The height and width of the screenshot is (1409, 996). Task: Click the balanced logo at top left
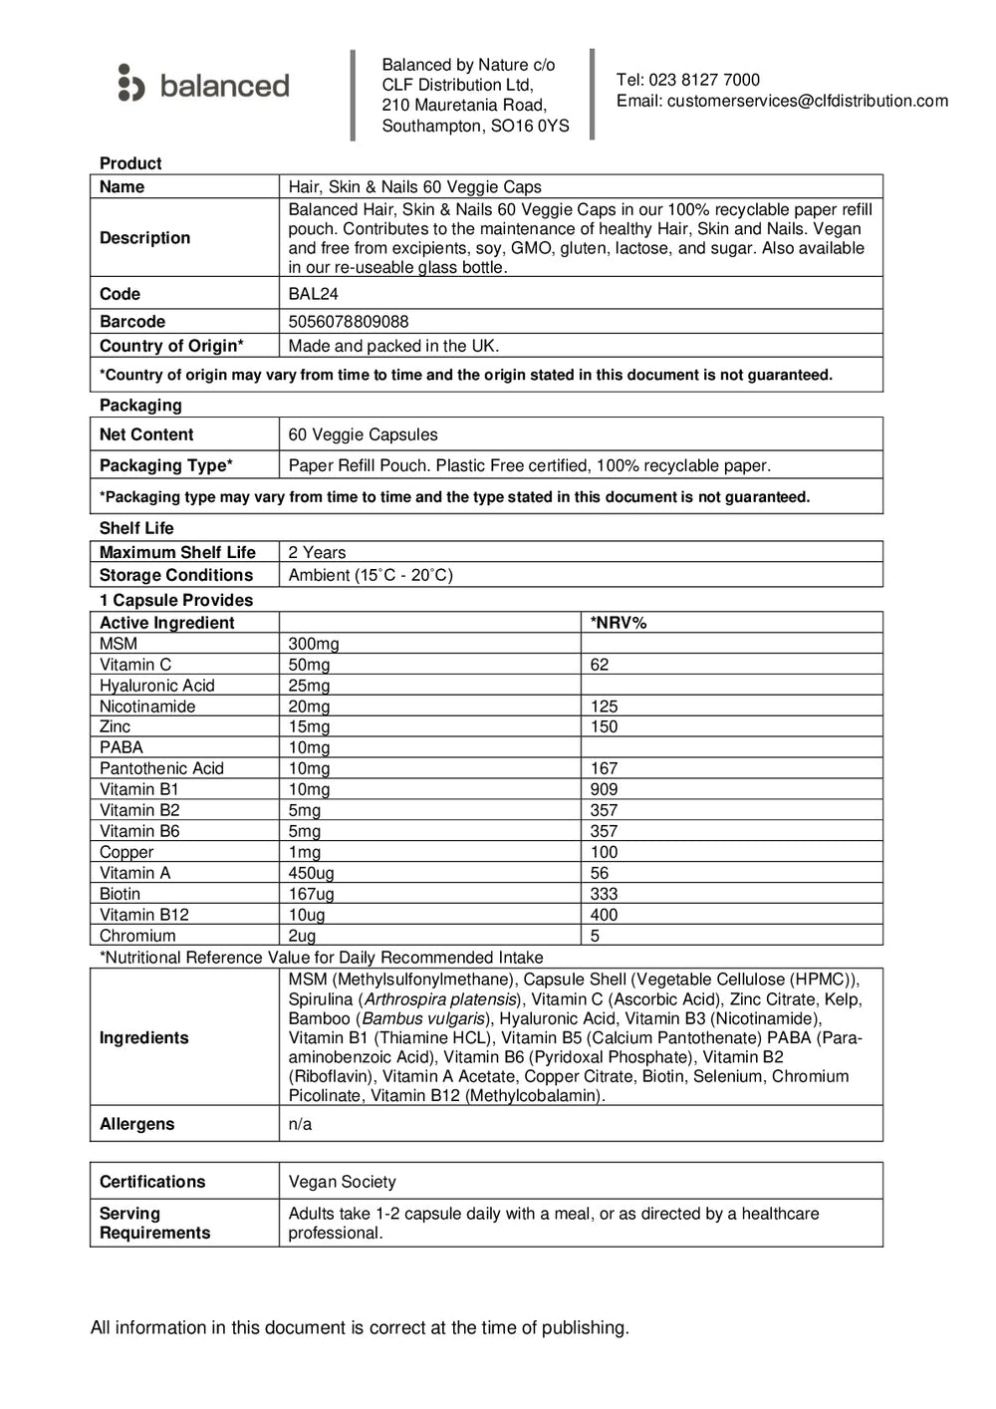(x=203, y=85)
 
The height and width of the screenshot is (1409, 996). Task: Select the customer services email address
(x=807, y=101)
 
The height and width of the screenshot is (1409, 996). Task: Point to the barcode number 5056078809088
(x=349, y=322)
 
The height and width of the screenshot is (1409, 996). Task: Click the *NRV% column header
(x=619, y=623)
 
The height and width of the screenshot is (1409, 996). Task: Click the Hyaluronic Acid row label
(x=156, y=686)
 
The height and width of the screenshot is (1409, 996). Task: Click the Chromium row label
(x=137, y=936)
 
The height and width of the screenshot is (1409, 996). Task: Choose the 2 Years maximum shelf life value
(x=317, y=552)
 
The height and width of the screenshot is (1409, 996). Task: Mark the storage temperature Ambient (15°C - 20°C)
(x=371, y=575)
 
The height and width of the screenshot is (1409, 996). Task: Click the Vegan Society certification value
(x=342, y=1182)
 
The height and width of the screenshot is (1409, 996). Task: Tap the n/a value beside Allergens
(x=300, y=1124)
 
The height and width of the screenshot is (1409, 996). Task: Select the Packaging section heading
(x=140, y=406)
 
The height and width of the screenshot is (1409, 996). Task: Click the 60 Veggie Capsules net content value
(x=363, y=434)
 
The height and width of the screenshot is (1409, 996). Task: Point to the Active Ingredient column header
(x=166, y=623)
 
